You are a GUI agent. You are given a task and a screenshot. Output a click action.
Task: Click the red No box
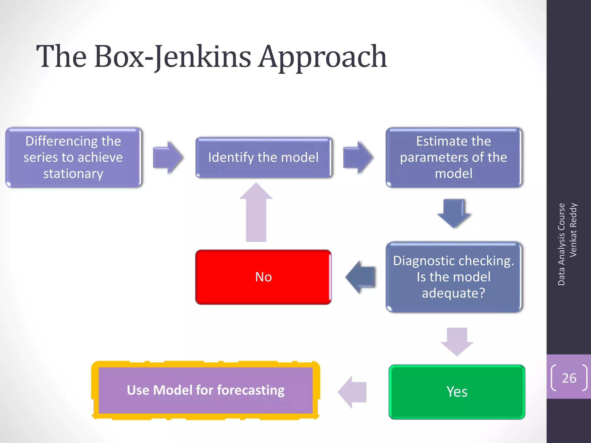[x=263, y=277]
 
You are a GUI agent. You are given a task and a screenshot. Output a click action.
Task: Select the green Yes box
[x=457, y=392]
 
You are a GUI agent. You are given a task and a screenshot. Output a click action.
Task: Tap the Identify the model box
[x=263, y=157]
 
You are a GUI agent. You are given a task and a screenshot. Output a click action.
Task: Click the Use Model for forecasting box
[x=205, y=390]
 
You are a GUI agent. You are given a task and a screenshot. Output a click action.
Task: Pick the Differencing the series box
[x=73, y=157]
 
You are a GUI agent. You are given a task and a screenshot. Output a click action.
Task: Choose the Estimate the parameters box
[x=453, y=157]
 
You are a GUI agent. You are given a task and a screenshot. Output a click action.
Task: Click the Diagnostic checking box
[x=453, y=277]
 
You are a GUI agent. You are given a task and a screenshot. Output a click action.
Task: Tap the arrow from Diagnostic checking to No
[x=361, y=277]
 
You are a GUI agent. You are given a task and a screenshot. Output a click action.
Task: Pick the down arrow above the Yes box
[x=457, y=341]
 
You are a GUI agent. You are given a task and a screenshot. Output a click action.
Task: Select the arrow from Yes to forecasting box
[x=353, y=392]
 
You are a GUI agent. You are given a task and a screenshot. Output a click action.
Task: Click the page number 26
[x=569, y=378]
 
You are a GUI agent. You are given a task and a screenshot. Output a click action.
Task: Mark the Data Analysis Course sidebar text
[x=561, y=244]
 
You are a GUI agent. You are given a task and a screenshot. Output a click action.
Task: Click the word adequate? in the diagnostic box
[x=453, y=293]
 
